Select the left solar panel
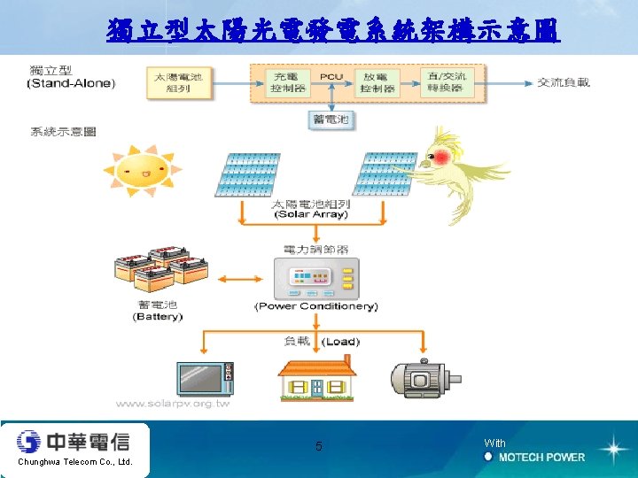(246, 174)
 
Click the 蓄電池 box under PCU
(331, 119)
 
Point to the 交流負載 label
(564, 83)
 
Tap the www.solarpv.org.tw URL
(173, 404)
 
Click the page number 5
(319, 446)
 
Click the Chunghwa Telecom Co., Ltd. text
(74, 462)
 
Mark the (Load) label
(340, 341)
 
